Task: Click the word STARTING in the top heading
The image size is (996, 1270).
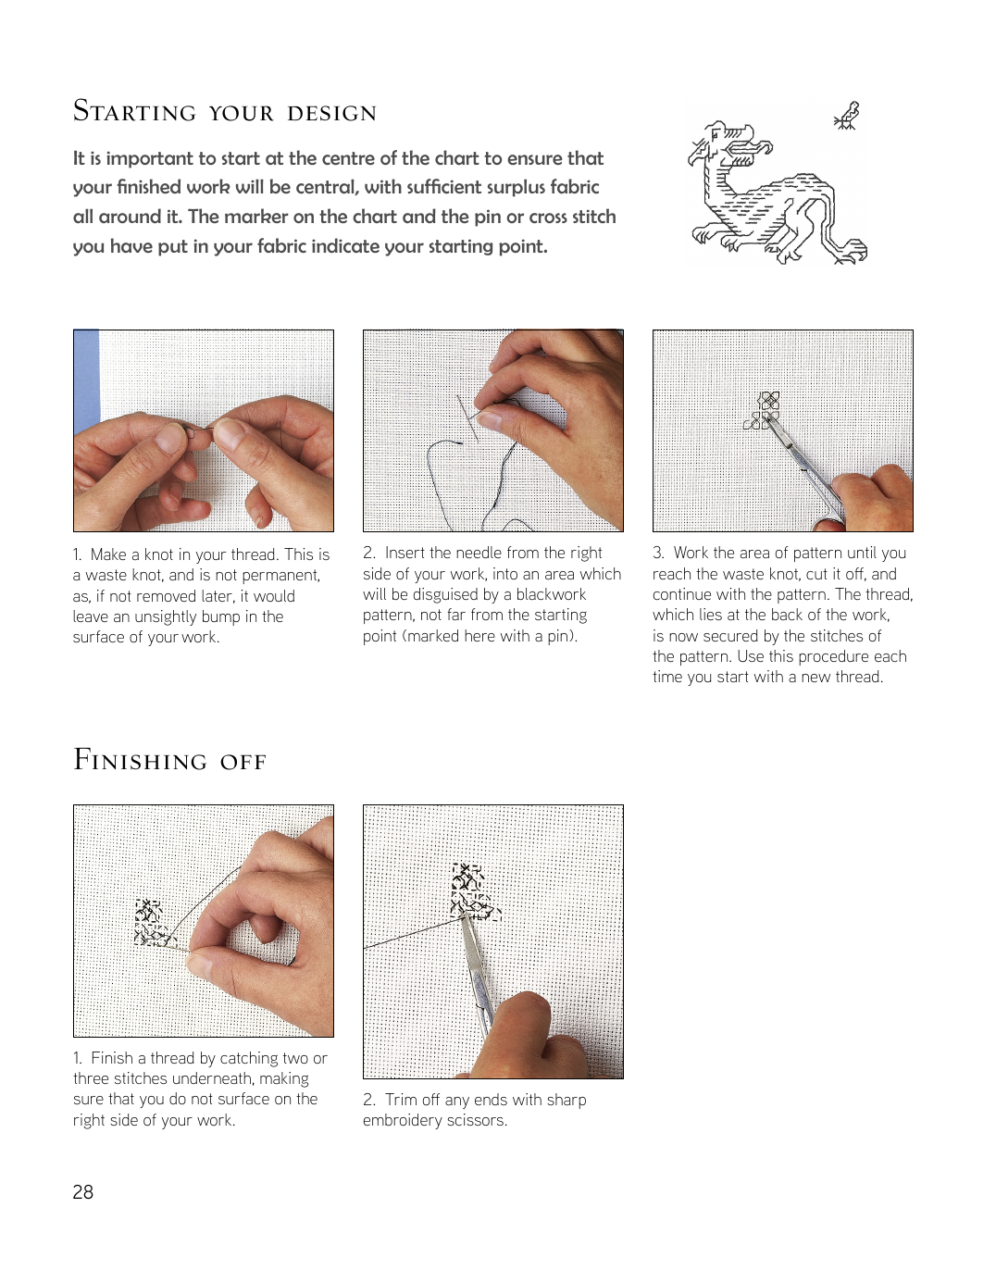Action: [x=134, y=112]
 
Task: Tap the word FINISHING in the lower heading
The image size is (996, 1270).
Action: [x=140, y=761]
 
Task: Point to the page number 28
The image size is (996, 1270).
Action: [x=82, y=1192]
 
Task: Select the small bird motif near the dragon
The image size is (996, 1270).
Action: [x=848, y=117]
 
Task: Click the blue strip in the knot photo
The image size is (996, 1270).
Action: [x=85, y=380]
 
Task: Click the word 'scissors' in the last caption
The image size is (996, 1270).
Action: [x=475, y=1120]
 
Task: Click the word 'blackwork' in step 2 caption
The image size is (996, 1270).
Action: [x=551, y=594]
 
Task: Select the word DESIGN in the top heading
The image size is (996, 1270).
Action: [x=331, y=113]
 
